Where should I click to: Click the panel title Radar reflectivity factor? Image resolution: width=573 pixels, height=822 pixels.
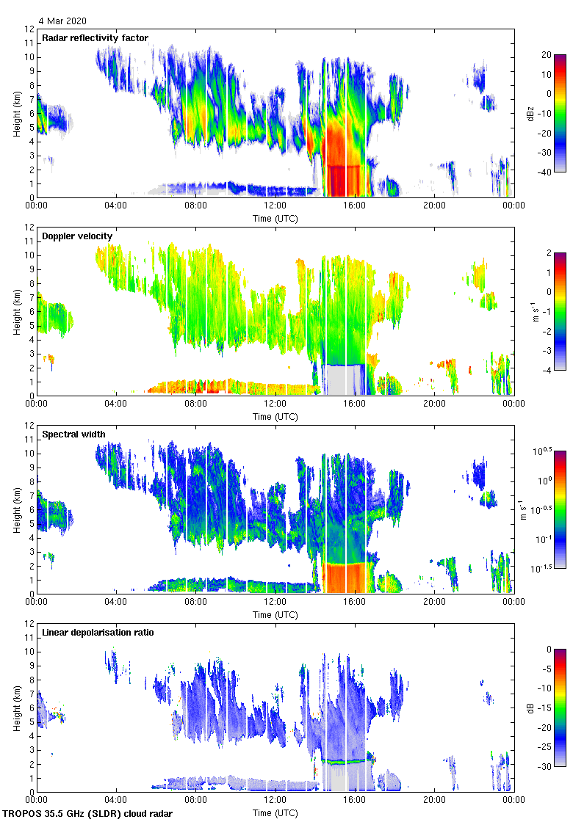pyautogui.click(x=95, y=38)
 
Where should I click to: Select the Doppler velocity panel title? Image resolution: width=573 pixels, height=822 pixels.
pyautogui.click(x=77, y=236)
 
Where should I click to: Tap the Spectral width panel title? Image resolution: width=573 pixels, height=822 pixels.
pyautogui.click(x=73, y=434)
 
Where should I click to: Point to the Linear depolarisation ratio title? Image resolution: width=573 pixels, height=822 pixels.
pyautogui.click(x=98, y=632)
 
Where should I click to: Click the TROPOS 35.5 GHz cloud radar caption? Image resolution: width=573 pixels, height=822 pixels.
pyautogui.click(x=88, y=814)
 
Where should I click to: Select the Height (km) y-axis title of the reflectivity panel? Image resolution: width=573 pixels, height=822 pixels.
pyautogui.click(x=16, y=114)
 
